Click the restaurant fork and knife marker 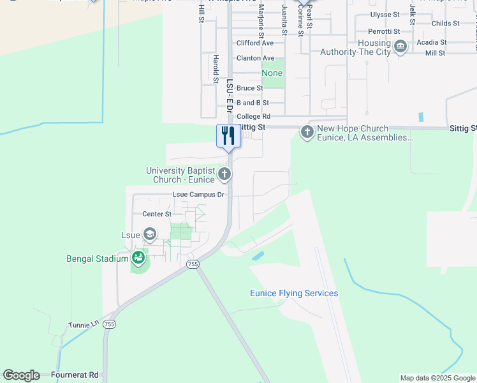(228, 136)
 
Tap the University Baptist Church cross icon (224, 174)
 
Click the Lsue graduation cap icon (150, 235)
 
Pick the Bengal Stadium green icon (138, 259)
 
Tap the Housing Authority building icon (400, 47)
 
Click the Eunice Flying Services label (293, 294)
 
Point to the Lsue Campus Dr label (199, 195)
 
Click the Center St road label (157, 214)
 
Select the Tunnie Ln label (84, 326)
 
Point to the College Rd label (253, 117)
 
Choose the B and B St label (253, 102)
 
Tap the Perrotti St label (384, 31)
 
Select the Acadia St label (431, 42)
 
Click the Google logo (21, 375)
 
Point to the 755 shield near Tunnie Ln (110, 324)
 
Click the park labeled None (272, 73)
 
